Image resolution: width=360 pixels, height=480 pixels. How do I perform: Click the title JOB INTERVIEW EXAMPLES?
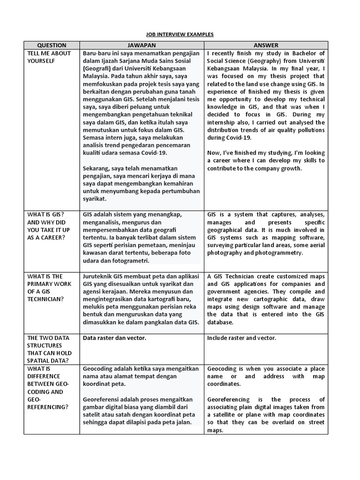coord(180,35)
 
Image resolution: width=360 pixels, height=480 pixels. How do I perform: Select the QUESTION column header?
coord(52,45)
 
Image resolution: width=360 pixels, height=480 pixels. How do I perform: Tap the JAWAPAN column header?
coord(141,45)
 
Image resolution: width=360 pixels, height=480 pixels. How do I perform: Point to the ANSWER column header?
coord(266,45)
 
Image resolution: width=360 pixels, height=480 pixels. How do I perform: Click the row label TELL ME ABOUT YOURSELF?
coord(50,57)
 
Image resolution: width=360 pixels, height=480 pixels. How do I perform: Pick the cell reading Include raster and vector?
coord(241,337)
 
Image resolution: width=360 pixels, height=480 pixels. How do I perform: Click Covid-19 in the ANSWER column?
coord(239,138)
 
